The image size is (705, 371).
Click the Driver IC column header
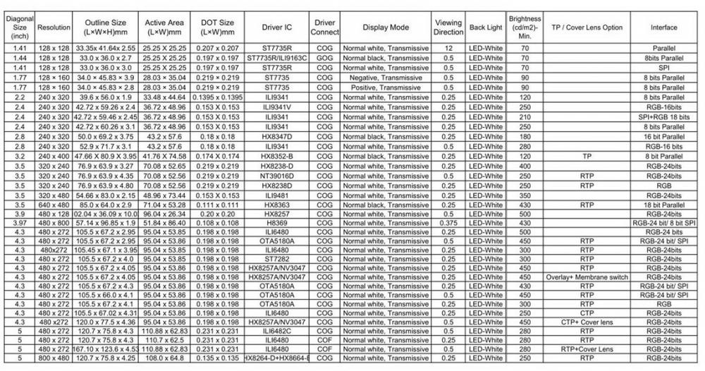click(277, 28)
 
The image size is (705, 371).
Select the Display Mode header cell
click(386, 28)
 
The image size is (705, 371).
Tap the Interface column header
click(664, 28)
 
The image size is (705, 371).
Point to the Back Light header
click(486, 28)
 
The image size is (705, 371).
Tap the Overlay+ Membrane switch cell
click(587, 277)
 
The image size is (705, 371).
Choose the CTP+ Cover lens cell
click(587, 322)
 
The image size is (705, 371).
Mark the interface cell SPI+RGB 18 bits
click(664, 116)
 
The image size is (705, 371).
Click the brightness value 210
click(525, 116)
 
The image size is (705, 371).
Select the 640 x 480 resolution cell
click(54, 204)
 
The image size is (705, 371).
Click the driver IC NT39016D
click(277, 175)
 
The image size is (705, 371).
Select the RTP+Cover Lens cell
click(587, 348)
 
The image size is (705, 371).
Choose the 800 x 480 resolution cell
click(54, 358)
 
